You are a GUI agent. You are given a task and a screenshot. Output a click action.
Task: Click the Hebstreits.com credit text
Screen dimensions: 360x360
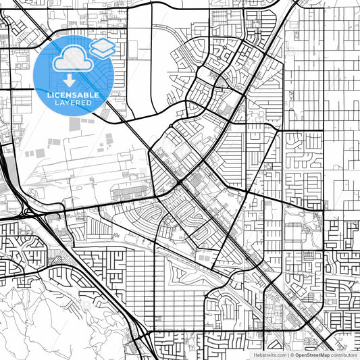click(269, 355)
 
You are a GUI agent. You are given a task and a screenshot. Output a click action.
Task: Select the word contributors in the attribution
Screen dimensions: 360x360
click(344, 355)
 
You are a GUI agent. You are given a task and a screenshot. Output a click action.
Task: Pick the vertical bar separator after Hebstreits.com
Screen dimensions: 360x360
click(286, 355)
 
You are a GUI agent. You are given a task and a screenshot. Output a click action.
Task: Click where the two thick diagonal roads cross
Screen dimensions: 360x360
click(180, 182)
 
